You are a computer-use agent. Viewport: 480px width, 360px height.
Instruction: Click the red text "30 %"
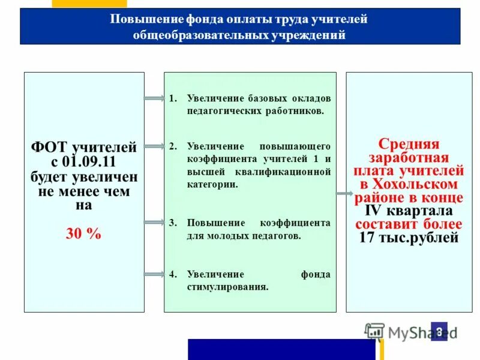click(83, 233)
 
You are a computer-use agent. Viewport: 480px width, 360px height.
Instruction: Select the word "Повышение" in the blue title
click(139, 19)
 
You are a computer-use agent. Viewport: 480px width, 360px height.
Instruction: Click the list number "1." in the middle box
click(173, 98)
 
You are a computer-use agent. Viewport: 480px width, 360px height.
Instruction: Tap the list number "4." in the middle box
click(173, 274)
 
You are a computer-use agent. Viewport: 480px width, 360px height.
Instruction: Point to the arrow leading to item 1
click(154, 98)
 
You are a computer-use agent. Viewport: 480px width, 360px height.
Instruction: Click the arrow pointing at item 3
click(154, 223)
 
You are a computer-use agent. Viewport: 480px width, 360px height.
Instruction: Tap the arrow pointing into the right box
click(344, 193)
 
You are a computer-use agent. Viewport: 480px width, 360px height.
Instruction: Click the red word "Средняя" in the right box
click(409, 144)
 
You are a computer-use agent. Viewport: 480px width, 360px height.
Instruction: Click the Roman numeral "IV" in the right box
click(373, 211)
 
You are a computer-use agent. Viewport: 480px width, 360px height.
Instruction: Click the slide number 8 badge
click(439, 331)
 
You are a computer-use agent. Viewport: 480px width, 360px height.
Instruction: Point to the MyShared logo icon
click(374, 331)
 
